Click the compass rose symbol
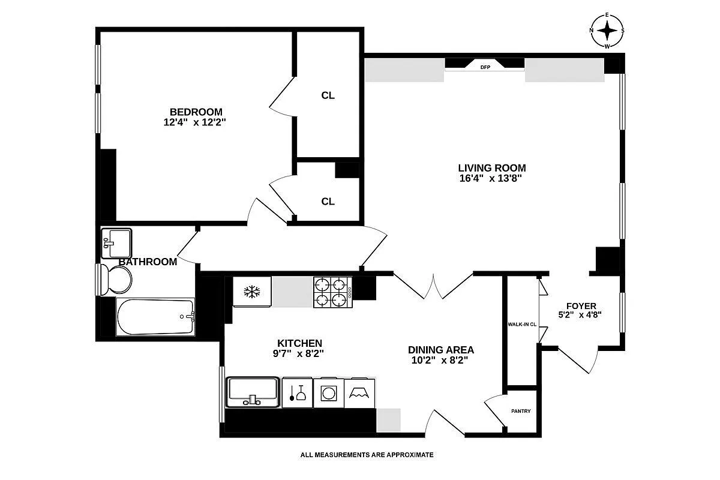607,30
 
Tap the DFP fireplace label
485,67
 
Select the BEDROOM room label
196,112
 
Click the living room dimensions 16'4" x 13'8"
492,178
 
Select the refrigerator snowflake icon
251,292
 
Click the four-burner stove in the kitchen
332,292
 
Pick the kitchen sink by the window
253,392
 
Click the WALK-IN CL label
521,325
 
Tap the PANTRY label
521,411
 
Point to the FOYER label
580,306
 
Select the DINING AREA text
441,350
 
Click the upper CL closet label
328,95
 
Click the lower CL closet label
328,202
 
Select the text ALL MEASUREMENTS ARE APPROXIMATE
367,455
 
